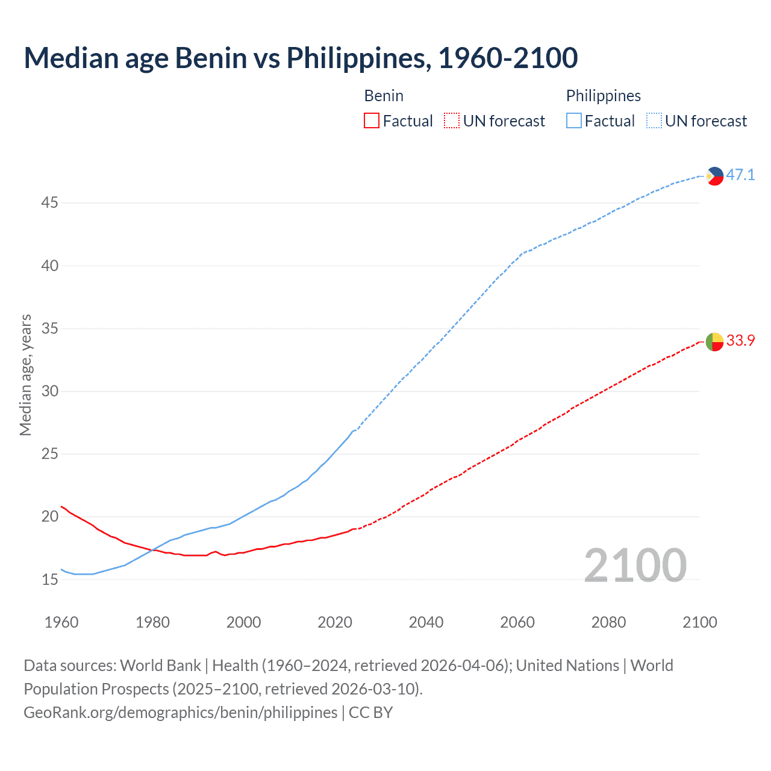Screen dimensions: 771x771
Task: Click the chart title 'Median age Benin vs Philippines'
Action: tap(301, 58)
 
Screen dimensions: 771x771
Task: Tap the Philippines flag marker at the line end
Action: tap(714, 176)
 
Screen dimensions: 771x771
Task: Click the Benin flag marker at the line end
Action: tap(714, 342)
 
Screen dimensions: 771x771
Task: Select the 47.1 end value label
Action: tap(740, 175)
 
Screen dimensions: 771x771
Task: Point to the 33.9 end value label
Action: tap(740, 341)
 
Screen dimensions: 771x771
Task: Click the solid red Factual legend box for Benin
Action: tap(372, 121)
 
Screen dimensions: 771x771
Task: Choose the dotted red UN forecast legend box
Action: tap(452, 121)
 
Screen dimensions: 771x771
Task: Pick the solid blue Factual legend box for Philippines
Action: tap(573, 121)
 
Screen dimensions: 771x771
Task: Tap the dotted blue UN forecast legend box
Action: tap(654, 121)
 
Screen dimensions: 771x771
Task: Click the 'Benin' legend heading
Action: tap(384, 96)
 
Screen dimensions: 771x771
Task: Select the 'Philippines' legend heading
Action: tap(603, 96)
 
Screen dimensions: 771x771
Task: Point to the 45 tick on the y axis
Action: tap(49, 203)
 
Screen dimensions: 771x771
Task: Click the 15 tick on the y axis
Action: tap(49, 579)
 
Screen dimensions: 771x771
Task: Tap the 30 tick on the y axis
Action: tap(49, 392)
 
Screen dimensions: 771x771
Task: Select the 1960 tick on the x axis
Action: tap(61, 622)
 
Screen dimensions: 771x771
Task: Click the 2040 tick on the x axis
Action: tap(426, 622)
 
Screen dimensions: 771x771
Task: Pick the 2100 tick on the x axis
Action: tap(699, 622)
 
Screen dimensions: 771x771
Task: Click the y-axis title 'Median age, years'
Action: tap(25, 375)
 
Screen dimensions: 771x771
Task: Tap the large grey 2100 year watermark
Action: tap(635, 565)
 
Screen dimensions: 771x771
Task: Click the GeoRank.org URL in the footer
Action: tap(180, 713)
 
